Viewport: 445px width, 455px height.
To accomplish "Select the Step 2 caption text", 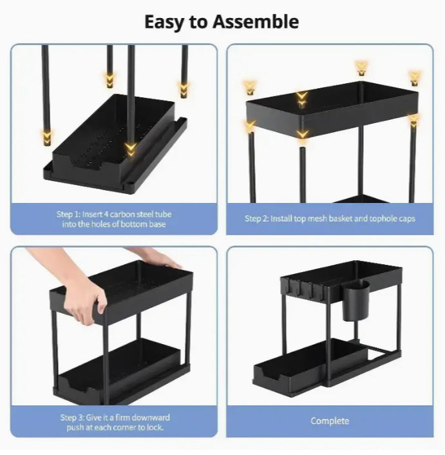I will (330, 218).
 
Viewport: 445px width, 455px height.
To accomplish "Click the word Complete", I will (330, 421).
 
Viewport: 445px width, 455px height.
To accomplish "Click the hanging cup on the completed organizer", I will (355, 300).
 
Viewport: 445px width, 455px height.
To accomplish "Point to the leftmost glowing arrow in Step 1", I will (46, 136).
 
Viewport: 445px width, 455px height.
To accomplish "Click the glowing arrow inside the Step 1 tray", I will (131, 149).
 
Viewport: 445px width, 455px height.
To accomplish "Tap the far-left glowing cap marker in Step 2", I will (249, 87).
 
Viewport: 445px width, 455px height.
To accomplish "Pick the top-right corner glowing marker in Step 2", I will (414, 78).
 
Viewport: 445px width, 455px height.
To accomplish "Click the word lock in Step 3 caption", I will (154, 427).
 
